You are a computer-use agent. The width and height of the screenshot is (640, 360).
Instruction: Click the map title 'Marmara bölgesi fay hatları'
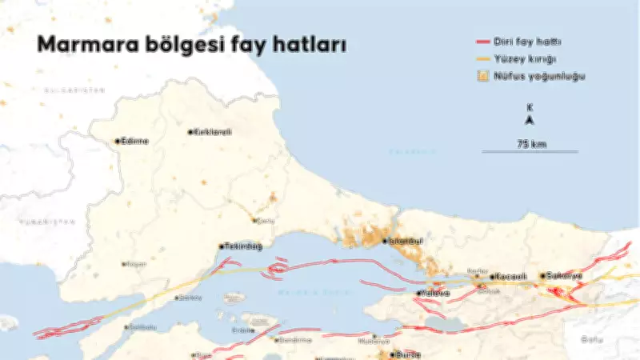click(x=191, y=46)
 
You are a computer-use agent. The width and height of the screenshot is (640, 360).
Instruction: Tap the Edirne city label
click(x=134, y=141)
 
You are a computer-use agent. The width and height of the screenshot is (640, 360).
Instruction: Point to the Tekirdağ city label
click(x=244, y=246)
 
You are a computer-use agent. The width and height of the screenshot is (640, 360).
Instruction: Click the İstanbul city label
click(x=406, y=240)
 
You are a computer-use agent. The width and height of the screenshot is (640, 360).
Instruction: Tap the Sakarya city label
click(x=565, y=276)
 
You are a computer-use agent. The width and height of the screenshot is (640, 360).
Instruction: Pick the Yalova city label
click(x=436, y=294)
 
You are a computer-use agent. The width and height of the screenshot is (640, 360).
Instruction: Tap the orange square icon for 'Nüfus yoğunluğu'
click(x=482, y=77)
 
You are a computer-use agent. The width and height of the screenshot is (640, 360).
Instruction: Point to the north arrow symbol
click(x=530, y=121)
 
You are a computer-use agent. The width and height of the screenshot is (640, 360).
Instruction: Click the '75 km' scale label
click(x=530, y=143)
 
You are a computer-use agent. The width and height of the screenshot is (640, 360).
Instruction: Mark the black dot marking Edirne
click(x=117, y=141)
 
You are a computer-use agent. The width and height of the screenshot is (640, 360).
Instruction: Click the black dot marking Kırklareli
click(x=190, y=132)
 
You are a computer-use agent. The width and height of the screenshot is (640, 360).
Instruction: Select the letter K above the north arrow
click(x=530, y=107)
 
